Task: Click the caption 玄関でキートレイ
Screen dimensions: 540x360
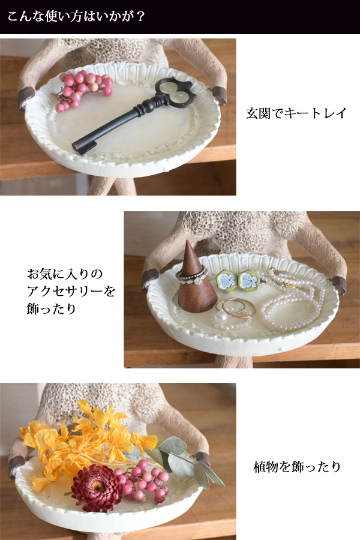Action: [x=296, y=113]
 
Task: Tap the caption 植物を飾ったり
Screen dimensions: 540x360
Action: [x=297, y=466]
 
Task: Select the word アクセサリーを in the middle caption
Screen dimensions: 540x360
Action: [x=70, y=292]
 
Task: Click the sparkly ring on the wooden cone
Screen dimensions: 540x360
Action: [x=191, y=275]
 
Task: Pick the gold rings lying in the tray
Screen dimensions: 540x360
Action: [x=236, y=307]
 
